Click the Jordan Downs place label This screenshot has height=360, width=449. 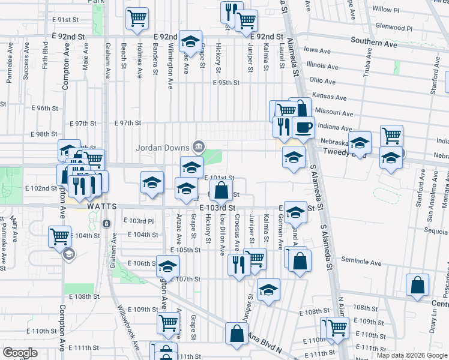click(163, 148)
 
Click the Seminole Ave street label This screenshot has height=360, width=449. click(361, 262)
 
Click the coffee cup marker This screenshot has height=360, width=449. click(304, 128)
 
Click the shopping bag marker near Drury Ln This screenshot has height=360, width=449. click(417, 285)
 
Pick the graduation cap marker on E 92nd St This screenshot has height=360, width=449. click(190, 41)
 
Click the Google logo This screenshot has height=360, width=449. click(20, 353)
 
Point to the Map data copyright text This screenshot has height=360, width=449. click(412, 355)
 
